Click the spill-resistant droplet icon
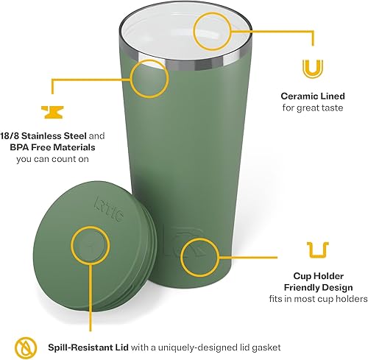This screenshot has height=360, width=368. coord(24,344)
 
